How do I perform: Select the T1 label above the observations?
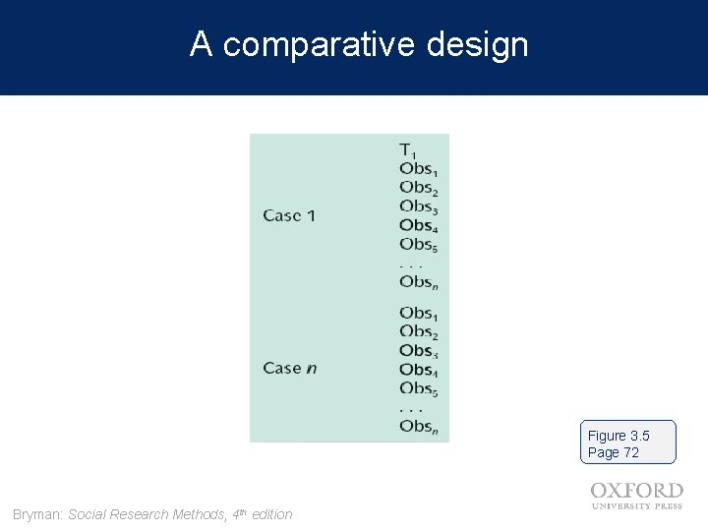point(408,150)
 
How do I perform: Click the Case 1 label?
point(289,215)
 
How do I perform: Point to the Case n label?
point(290,368)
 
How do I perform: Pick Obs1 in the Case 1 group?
point(419,169)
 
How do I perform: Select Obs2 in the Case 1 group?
point(419,188)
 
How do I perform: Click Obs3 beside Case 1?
point(419,206)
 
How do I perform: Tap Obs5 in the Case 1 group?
point(419,245)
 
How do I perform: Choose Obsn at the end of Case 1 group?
point(419,282)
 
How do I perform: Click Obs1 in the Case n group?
point(419,314)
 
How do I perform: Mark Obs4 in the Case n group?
point(419,371)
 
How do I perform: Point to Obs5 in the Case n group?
point(419,389)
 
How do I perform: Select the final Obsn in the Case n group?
point(419,427)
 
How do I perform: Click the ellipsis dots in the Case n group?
point(411,409)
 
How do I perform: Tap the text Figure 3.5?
point(619,436)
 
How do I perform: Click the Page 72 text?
point(614,452)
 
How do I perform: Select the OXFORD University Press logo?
point(636,496)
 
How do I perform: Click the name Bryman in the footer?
point(37,514)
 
